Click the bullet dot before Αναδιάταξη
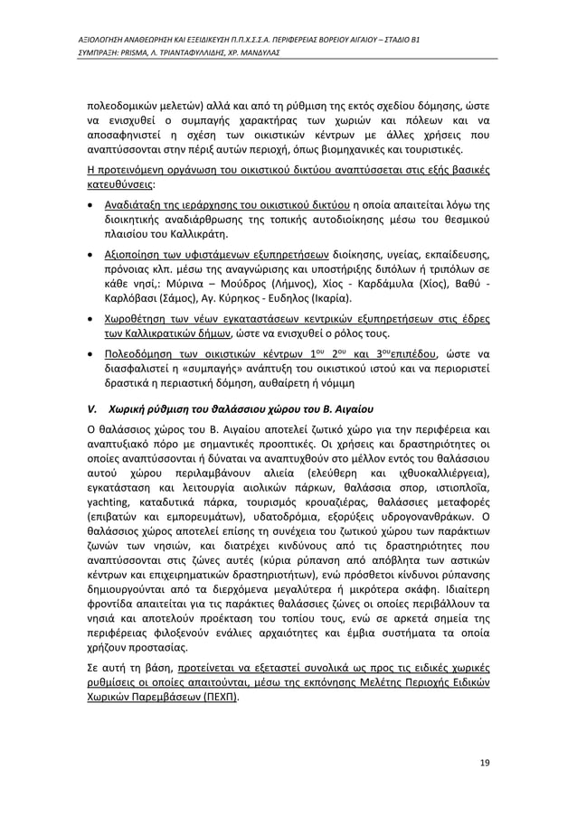[x=90, y=204]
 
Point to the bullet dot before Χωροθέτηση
[x=90, y=319]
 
